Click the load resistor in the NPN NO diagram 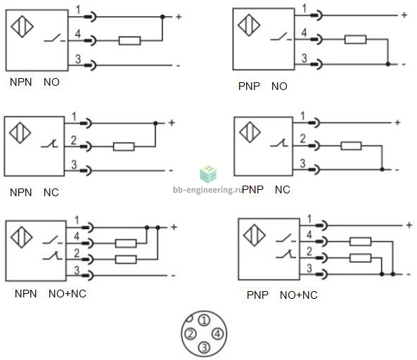[x=129, y=41]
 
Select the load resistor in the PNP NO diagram [x=355, y=39]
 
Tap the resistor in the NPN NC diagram [x=124, y=146]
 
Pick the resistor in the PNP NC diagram [x=351, y=146]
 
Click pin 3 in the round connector [x=204, y=347]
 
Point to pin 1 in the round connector [x=204, y=321]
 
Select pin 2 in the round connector [x=191, y=334]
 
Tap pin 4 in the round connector [x=217, y=334]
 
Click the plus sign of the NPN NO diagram [x=179, y=17]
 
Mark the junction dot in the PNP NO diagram [x=387, y=64]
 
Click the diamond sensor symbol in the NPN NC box [x=20, y=132]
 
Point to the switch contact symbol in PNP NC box [x=279, y=143]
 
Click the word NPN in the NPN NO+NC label [x=25, y=293]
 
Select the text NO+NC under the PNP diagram [x=299, y=295]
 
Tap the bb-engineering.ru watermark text [x=207, y=190]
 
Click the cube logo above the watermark [x=208, y=174]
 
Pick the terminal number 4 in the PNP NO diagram [x=304, y=33]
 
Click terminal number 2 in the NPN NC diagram [x=74, y=140]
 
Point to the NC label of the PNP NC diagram [x=283, y=190]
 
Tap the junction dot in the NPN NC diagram [x=155, y=123]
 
